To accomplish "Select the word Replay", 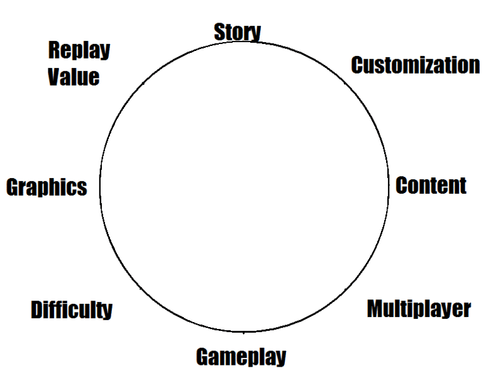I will [79, 51].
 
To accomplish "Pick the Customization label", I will [415, 65].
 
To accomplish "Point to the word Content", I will [431, 186].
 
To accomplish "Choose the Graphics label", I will [47, 187].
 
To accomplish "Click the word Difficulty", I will [71, 309].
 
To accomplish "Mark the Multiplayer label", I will [418, 309].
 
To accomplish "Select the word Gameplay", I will [241, 357].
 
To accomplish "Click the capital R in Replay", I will [55, 50].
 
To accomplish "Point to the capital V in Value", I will [53, 77].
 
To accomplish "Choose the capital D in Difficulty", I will [36, 309].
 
